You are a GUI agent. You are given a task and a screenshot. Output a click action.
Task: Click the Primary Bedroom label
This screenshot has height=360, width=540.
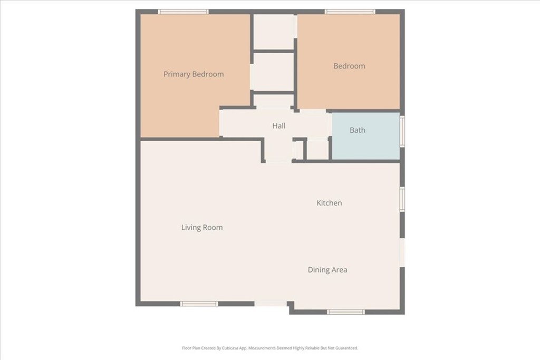[x=194, y=74]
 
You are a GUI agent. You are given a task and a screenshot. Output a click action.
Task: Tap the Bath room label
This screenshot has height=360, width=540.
[x=358, y=130]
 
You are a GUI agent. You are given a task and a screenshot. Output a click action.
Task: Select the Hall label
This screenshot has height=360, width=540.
[x=279, y=126]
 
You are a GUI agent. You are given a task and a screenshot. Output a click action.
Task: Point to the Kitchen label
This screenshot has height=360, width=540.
[x=329, y=203]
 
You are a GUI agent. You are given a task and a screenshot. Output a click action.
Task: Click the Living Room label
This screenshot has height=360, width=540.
[x=202, y=228]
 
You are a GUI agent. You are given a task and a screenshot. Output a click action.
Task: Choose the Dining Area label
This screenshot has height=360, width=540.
[x=327, y=270]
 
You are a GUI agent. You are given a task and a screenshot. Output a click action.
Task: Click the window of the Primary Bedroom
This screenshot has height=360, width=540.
[x=183, y=12]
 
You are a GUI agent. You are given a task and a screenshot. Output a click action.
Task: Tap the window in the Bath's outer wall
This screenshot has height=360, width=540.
[x=402, y=131]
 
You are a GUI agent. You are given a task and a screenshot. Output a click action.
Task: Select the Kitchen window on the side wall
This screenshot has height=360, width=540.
[x=402, y=199]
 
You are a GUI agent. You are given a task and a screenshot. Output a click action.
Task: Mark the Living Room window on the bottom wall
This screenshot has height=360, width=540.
[x=199, y=304]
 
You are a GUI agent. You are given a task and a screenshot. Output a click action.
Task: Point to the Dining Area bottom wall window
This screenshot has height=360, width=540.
[x=346, y=312]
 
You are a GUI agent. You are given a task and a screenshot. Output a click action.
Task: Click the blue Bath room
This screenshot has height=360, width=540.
[x=366, y=136]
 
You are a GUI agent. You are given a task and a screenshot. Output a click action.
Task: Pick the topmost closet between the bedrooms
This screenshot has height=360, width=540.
[x=274, y=32]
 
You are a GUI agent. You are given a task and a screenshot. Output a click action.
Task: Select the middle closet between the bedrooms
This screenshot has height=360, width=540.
[x=274, y=72]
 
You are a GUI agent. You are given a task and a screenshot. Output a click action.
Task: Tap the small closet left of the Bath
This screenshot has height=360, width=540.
[x=317, y=150]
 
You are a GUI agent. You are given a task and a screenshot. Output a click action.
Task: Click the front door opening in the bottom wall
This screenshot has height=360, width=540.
[x=271, y=304]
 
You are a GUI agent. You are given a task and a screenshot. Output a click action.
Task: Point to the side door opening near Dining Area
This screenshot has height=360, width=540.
[x=402, y=252]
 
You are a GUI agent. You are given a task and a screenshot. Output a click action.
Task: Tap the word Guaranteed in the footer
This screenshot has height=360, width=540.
[x=347, y=348]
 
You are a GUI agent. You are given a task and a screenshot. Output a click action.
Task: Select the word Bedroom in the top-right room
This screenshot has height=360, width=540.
[x=349, y=66]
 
